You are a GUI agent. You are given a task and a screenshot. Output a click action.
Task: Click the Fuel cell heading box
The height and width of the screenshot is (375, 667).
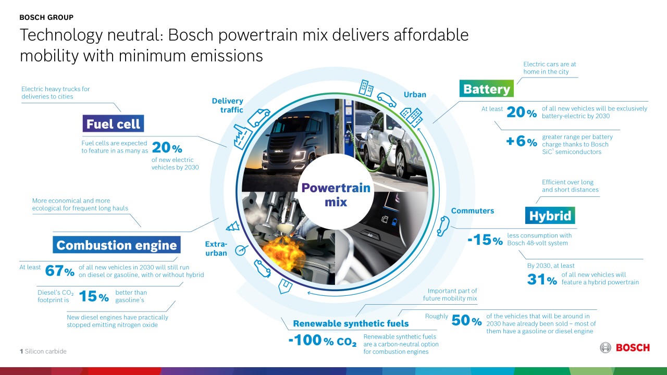point(113,124)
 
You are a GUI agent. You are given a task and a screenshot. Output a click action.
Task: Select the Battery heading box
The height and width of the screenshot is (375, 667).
point(486,89)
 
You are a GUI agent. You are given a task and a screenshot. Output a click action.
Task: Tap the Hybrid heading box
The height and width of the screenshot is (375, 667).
point(550,216)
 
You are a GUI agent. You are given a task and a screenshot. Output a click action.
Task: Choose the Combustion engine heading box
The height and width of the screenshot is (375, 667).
point(117,245)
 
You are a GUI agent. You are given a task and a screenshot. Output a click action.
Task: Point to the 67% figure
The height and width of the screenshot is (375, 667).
point(60,271)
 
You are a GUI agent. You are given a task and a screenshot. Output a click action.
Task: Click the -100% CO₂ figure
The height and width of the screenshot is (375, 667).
point(323,342)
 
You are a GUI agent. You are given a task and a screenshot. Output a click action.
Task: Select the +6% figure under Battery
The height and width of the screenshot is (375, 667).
point(521,142)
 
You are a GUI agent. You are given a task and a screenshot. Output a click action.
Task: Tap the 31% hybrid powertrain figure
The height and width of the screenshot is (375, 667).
point(542,280)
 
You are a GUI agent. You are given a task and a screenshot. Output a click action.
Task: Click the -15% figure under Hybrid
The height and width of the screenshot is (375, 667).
point(485,240)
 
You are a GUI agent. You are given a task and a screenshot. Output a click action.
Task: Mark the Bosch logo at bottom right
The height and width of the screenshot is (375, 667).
point(625,347)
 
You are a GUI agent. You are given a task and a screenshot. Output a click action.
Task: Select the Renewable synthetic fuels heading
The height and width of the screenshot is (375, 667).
point(351,324)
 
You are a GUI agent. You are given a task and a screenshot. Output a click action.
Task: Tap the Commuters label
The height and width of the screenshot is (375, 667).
point(472,211)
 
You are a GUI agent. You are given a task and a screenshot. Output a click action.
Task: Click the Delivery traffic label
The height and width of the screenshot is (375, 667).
point(228,105)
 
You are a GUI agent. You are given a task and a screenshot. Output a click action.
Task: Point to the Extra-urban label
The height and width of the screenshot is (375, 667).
point(216,248)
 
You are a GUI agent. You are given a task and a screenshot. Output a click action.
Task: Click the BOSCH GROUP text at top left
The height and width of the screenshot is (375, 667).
point(46,17)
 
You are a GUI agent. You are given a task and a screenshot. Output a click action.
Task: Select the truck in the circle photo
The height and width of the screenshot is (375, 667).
point(284,143)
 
